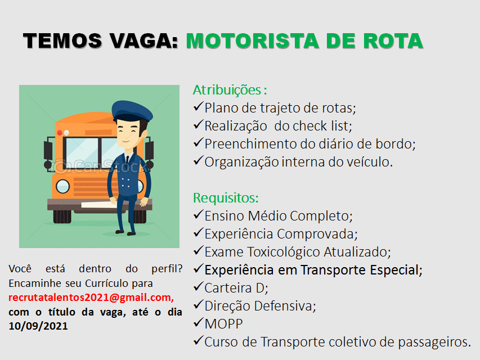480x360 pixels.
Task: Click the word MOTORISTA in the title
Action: (253, 41)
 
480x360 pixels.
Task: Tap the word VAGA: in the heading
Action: (144, 41)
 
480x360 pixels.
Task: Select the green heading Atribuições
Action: (227, 91)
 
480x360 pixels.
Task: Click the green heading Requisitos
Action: (226, 198)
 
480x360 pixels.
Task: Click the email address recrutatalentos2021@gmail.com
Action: (91, 298)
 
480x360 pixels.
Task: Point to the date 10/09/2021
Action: (38, 326)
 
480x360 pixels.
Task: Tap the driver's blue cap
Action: (132, 111)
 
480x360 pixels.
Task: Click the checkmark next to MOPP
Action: (199, 322)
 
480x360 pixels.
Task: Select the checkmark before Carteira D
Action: (199, 286)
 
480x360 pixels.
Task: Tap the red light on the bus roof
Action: (60, 133)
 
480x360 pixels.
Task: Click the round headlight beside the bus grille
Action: (63, 186)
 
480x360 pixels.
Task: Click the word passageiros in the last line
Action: (434, 342)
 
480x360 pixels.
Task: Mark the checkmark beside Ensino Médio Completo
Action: (199, 214)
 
